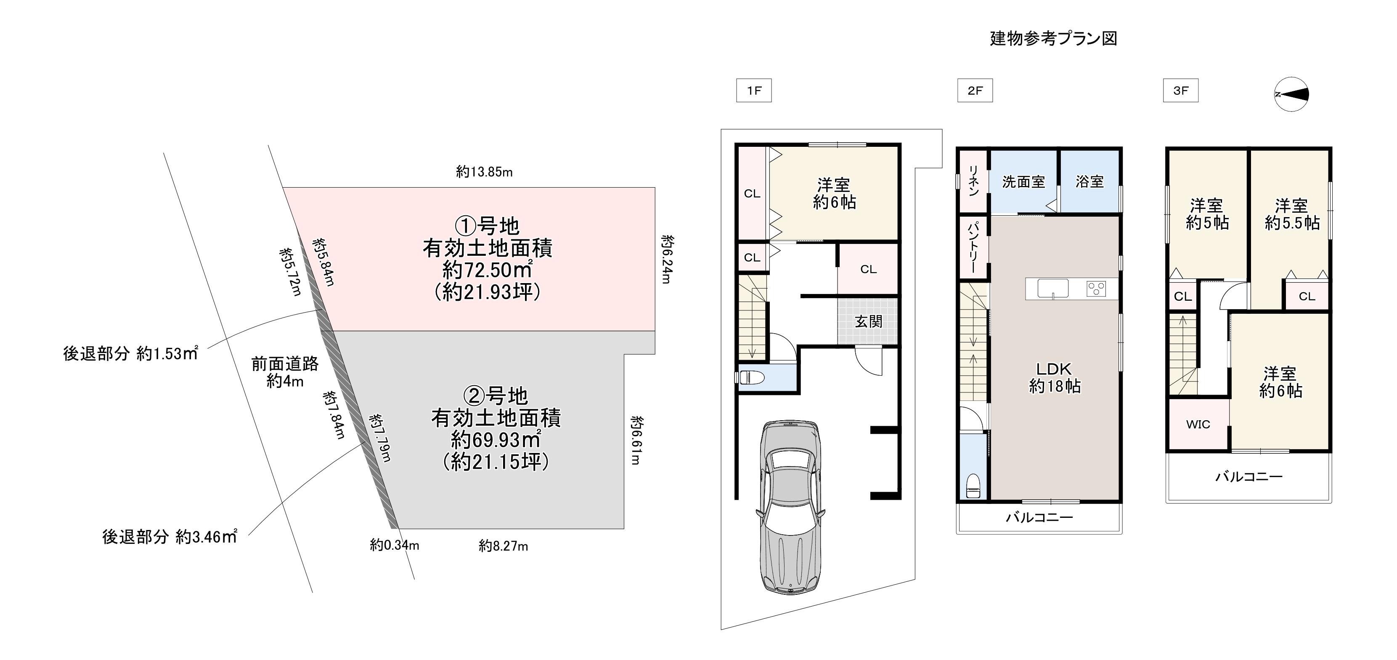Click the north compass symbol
[x=1291, y=94]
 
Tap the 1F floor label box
[x=754, y=90]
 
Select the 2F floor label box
[x=975, y=90]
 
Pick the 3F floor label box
[x=1181, y=90]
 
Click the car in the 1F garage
[x=791, y=507]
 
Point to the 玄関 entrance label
[x=869, y=322]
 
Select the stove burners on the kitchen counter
[x=1096, y=289]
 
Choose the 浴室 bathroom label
[x=1090, y=182]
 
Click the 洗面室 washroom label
[x=1023, y=182]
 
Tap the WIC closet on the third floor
[x=1198, y=424]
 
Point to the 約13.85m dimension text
[x=484, y=172]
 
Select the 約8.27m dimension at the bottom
[x=503, y=546]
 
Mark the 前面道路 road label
[x=285, y=363]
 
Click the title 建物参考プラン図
[x=1053, y=39]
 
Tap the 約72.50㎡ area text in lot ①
[x=487, y=270]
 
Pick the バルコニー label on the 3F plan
[x=1249, y=477]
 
